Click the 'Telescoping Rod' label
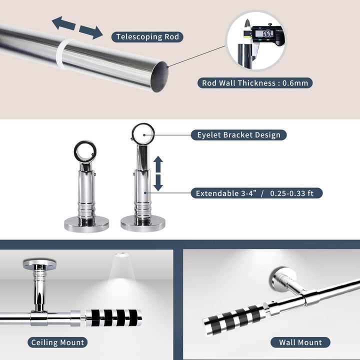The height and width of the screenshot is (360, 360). [x=147, y=37]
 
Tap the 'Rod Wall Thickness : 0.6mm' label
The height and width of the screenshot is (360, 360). [x=255, y=83]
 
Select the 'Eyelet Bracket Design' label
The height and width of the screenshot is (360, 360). [x=239, y=135]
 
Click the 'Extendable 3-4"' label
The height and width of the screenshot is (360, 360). [x=226, y=193]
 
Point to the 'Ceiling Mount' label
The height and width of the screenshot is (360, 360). [x=57, y=342]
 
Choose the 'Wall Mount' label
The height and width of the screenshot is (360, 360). [x=300, y=342]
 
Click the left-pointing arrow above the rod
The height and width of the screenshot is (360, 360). [x=64, y=23]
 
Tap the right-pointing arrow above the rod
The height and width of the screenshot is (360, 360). [x=91, y=32]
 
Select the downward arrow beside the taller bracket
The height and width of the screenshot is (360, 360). [x=158, y=183]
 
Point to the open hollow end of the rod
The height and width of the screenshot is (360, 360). [x=160, y=76]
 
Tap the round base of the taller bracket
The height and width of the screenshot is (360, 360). [x=143, y=223]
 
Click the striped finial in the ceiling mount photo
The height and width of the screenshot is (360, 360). [x=113, y=318]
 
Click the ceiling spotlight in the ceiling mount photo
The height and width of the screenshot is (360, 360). [x=121, y=254]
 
